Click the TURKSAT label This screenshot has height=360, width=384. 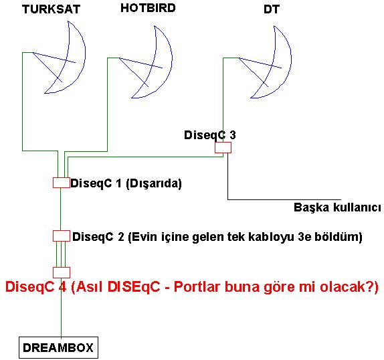click(52, 9)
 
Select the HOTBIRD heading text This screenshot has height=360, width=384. click(148, 8)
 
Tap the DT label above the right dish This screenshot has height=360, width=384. click(272, 9)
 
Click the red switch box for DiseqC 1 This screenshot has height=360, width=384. click(62, 183)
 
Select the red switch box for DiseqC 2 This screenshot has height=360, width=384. click(62, 236)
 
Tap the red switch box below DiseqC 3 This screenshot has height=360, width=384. click(223, 147)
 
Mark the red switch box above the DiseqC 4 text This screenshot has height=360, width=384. click(62, 272)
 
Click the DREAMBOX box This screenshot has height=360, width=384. click(58, 348)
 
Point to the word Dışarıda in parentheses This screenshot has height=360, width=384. click(154, 183)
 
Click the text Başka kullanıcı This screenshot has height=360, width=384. click(337, 207)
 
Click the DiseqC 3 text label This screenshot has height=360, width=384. click(210, 135)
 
